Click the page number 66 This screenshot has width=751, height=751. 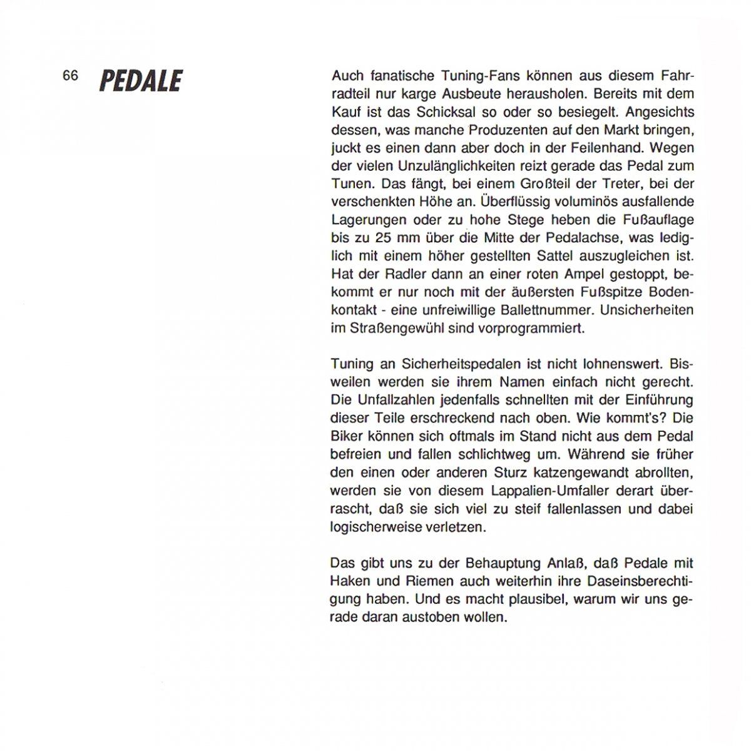point(70,76)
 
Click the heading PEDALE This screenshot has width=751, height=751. point(141,81)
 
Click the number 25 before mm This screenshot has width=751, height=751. point(383,238)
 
